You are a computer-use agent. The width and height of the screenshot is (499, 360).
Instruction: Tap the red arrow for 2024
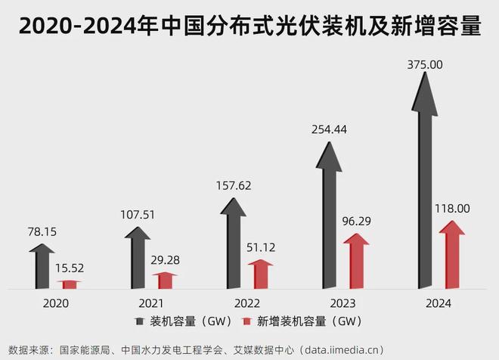click(451, 253)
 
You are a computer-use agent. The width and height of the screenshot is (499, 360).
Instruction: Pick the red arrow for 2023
click(356, 261)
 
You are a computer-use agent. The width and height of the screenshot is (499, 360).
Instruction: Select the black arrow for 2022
click(234, 238)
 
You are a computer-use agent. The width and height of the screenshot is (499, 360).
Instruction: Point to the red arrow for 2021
click(164, 280)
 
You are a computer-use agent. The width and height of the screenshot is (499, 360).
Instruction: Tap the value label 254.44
click(329, 129)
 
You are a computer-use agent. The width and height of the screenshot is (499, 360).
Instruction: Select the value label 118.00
click(451, 208)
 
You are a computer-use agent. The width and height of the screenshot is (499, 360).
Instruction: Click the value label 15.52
click(70, 268)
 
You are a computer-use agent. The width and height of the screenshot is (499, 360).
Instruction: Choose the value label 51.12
click(261, 247)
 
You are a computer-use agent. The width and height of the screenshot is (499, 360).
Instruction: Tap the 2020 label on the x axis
click(56, 303)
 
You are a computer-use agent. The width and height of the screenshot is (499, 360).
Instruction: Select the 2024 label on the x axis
click(438, 303)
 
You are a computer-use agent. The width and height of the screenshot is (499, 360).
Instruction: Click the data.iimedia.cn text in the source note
click(342, 349)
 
